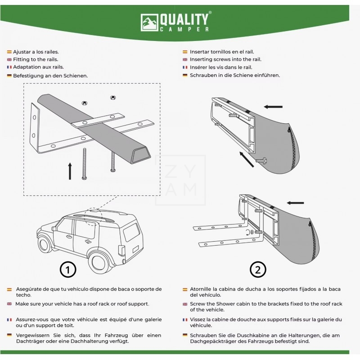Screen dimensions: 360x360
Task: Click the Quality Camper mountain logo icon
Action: [149, 22]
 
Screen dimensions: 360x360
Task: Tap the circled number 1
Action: [67, 270]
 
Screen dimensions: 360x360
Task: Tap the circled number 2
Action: [257, 270]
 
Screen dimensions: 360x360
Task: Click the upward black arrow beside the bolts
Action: [70, 171]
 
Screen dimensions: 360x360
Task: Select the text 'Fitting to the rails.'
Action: [36, 59]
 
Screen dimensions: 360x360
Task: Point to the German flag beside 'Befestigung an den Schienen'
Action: [9, 76]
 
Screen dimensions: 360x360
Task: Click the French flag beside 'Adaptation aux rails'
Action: [9, 67]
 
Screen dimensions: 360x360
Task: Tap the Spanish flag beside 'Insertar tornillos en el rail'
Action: [185, 52]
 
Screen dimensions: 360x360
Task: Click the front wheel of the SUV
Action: [45, 245]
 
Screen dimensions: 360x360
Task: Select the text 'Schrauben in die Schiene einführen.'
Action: [234, 75]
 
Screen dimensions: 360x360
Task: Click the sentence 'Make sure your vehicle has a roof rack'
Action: [82, 304]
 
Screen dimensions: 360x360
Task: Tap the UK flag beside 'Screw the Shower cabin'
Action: [185, 304]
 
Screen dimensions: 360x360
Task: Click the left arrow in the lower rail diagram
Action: [295, 203]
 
